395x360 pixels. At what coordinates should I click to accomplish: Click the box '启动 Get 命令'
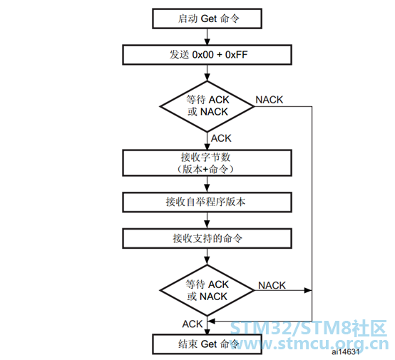(207, 19)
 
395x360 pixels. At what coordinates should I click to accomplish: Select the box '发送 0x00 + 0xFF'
(207, 55)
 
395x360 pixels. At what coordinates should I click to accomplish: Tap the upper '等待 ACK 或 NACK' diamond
(207, 106)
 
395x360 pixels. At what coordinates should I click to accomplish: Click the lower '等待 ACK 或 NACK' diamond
(207, 290)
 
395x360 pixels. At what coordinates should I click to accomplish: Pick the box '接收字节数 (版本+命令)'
(207, 163)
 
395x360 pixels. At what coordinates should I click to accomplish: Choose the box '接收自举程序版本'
(207, 202)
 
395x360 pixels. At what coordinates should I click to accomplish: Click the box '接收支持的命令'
(207, 238)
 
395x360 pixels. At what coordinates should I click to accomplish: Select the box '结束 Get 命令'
(207, 344)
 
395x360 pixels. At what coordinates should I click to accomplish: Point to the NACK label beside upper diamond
(270, 100)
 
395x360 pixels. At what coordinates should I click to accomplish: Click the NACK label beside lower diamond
(272, 285)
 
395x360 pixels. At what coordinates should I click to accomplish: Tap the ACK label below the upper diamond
(221, 138)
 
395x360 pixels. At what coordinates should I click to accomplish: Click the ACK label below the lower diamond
(193, 324)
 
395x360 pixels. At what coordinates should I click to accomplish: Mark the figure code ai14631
(345, 352)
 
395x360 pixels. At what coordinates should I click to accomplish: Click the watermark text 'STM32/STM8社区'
(308, 329)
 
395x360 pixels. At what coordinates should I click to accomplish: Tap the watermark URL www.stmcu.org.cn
(309, 344)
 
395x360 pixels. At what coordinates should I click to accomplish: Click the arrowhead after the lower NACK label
(308, 290)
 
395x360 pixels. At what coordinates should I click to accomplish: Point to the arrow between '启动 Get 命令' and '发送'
(207, 37)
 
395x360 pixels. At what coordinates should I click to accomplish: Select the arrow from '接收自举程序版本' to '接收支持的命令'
(207, 220)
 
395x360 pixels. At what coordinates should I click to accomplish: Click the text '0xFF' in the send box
(236, 55)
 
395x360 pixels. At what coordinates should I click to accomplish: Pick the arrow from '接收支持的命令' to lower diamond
(207, 257)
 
